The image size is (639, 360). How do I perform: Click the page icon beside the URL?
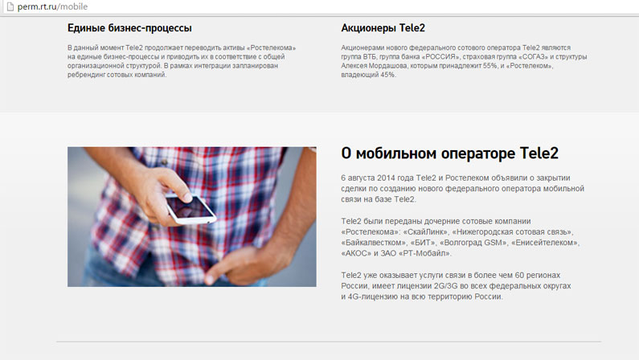[x=10, y=6]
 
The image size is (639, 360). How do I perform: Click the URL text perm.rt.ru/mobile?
[x=52, y=6]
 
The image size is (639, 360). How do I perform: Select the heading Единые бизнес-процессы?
[x=129, y=28]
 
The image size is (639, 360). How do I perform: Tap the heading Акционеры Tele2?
[x=383, y=27]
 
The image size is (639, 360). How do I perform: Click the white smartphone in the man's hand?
[x=190, y=208]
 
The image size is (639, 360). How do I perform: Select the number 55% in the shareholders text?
[x=489, y=66]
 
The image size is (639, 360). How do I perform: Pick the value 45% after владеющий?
[x=387, y=75]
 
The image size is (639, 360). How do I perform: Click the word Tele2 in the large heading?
[x=539, y=153]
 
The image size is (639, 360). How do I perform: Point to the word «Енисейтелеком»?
[x=545, y=243]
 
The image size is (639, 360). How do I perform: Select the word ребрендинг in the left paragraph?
[x=86, y=75]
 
